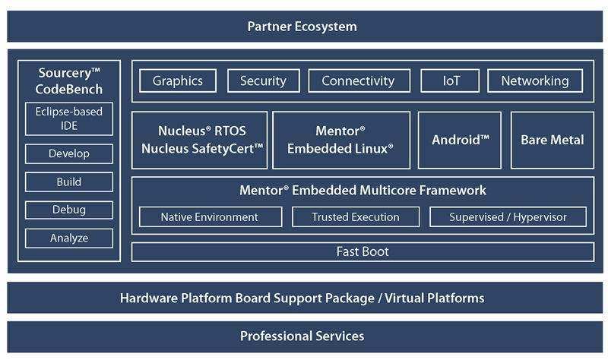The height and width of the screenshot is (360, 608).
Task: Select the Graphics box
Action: pyautogui.click(x=178, y=81)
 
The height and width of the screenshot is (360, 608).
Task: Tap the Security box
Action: pyautogui.click(x=263, y=81)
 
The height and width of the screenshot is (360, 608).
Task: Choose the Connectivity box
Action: pyautogui.click(x=359, y=81)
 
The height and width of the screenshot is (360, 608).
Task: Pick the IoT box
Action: pyautogui.click(x=451, y=81)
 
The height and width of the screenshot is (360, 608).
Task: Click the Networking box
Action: pyautogui.click(x=535, y=81)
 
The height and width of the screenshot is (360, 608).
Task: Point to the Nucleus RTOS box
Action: pyautogui.click(x=201, y=140)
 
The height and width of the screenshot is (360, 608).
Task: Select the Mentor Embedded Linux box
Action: pyautogui.click(x=341, y=140)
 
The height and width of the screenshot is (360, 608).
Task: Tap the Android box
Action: pyautogui.click(x=460, y=140)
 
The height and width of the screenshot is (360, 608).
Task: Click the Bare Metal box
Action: pyautogui.click(x=552, y=140)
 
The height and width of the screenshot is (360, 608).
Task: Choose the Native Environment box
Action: pyautogui.click(x=210, y=217)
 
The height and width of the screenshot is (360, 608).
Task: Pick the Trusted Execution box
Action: pyautogui.click(x=356, y=217)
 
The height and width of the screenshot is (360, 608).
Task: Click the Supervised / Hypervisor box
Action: pyautogui.click(x=508, y=217)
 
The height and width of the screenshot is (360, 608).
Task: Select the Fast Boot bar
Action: pyautogui.click(x=363, y=251)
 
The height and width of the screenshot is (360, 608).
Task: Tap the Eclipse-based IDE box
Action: pyautogui.click(x=69, y=119)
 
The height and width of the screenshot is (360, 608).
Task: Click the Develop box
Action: pyautogui.click(x=69, y=154)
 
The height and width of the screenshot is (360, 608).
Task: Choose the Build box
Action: pyautogui.click(x=69, y=182)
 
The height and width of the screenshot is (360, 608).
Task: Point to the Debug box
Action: pyautogui.click(x=69, y=210)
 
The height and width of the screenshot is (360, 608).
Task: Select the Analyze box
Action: pyautogui.click(x=69, y=238)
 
